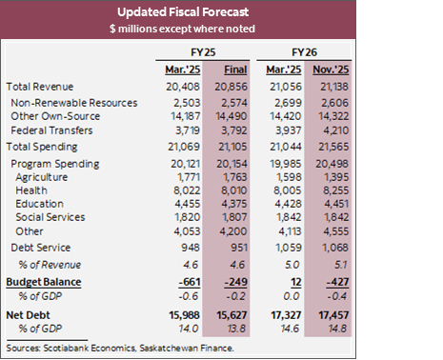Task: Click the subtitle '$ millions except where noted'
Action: [221, 30]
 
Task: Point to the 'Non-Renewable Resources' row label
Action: [75, 102]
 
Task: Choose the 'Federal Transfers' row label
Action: [56, 132]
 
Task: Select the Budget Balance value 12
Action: [319, 282]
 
